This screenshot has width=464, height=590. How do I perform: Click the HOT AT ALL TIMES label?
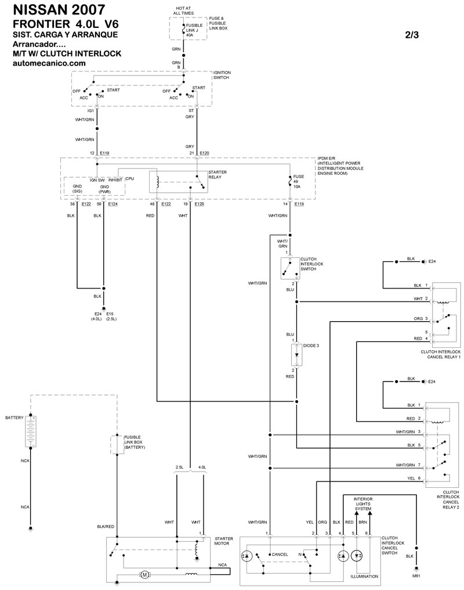tap(184, 11)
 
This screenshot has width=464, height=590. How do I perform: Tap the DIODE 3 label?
tap(310, 346)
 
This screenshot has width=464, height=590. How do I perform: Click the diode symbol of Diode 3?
tap(296, 354)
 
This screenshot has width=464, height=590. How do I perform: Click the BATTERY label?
tap(14, 418)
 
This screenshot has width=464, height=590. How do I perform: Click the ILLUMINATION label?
tap(364, 577)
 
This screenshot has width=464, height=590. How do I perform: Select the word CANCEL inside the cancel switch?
tap(280, 555)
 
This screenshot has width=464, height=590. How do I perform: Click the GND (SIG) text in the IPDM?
tap(77, 188)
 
